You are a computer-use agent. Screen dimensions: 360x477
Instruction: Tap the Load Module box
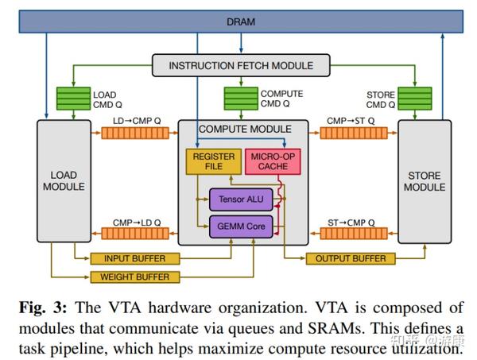64,182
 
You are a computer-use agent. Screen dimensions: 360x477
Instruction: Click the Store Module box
424,182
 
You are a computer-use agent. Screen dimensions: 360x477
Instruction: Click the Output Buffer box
351,259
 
